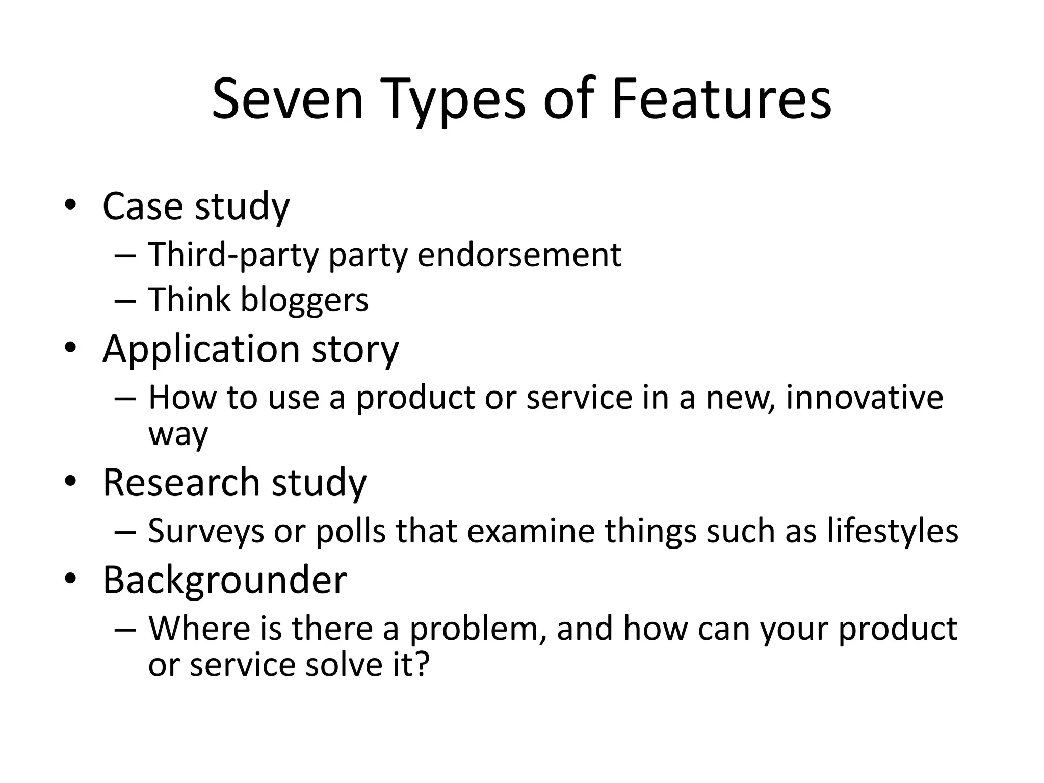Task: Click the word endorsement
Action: pyautogui.click(x=519, y=254)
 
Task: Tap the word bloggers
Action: pyautogui.click(x=304, y=300)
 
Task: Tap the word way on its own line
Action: pyautogui.click(x=178, y=435)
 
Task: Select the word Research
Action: pyautogui.click(x=181, y=482)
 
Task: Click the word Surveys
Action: pyautogui.click(x=206, y=532)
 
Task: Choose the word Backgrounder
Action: pyautogui.click(x=224, y=580)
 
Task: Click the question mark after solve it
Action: pyautogui.click(x=422, y=665)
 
